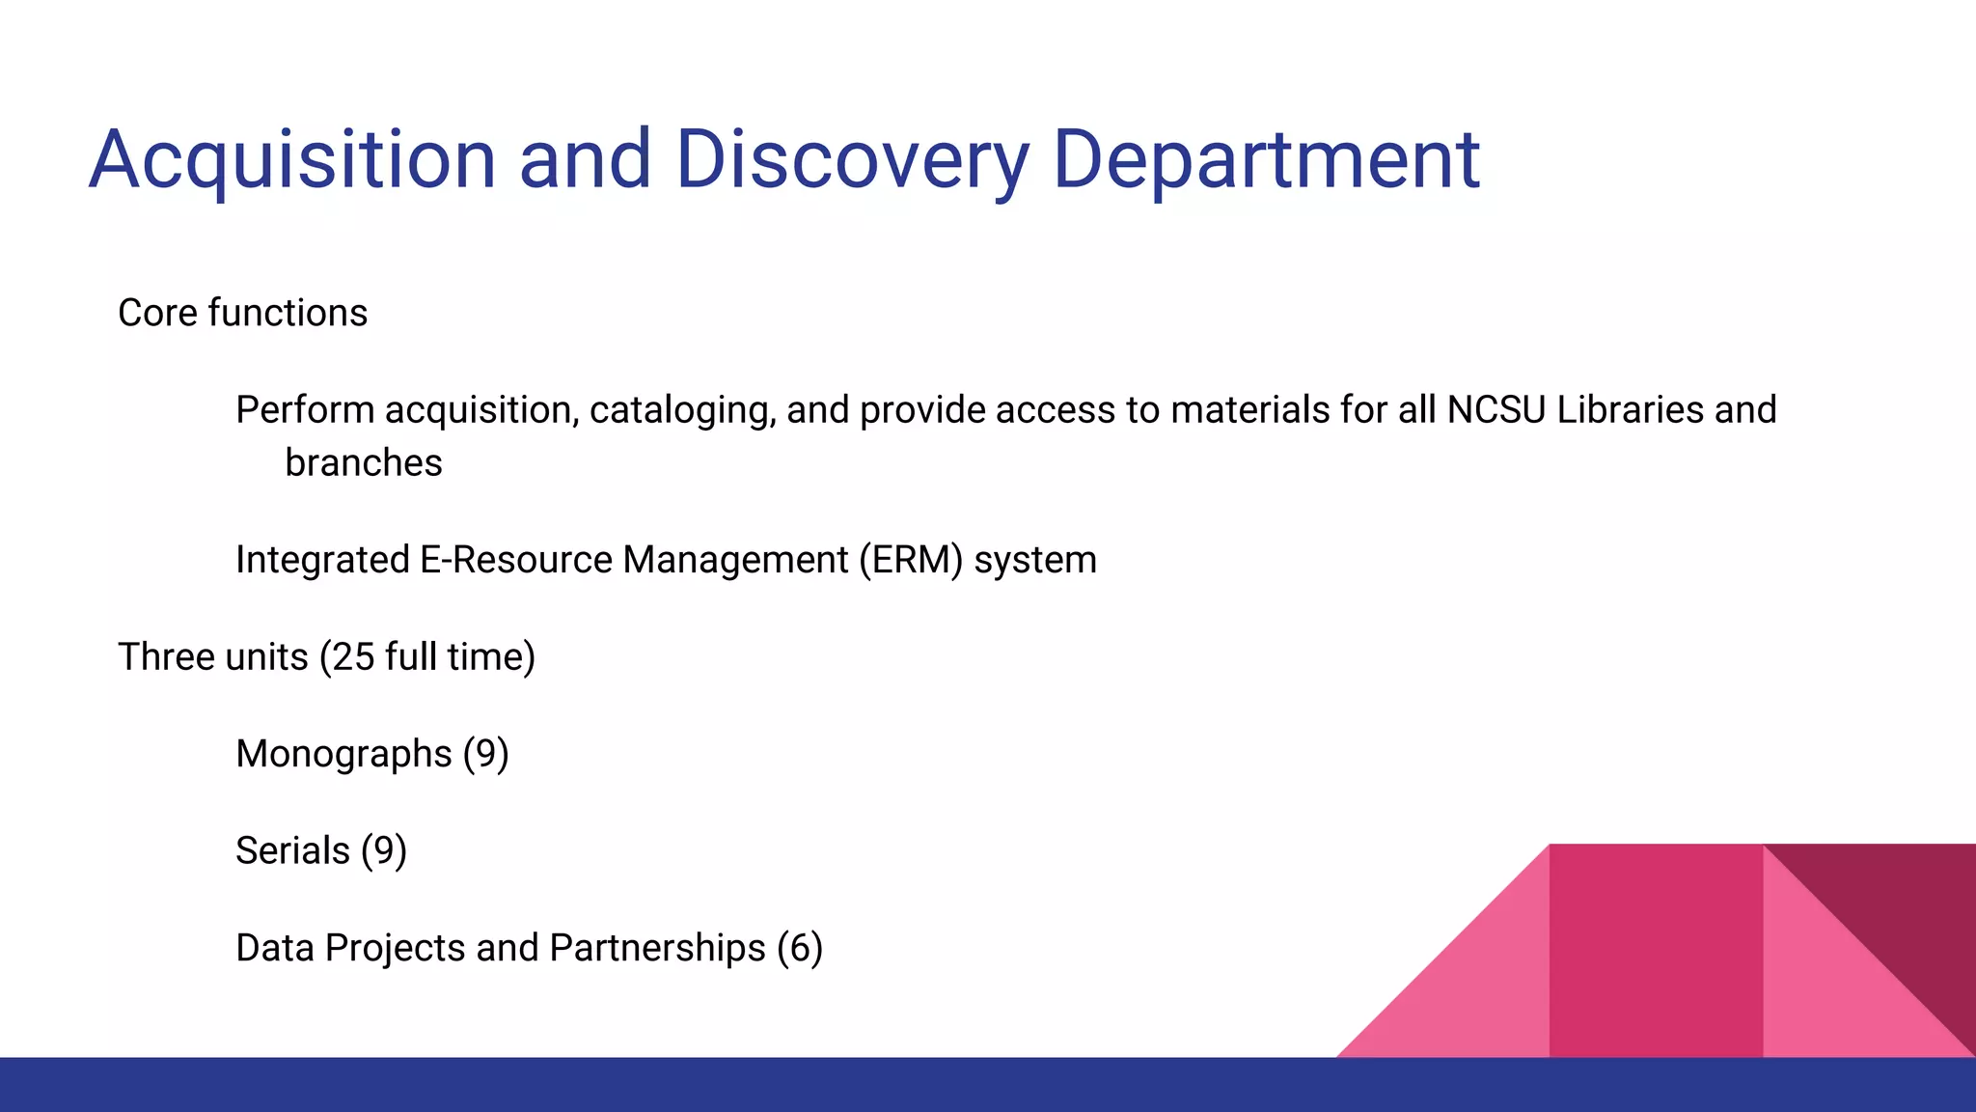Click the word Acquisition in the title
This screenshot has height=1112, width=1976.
point(292,160)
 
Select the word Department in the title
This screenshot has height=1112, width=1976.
point(1266,160)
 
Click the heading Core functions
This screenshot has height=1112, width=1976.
point(242,313)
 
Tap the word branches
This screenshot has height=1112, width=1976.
point(363,463)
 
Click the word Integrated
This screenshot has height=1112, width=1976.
point(322,560)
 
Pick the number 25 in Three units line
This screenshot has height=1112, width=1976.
point(353,657)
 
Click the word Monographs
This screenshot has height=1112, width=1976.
point(343,754)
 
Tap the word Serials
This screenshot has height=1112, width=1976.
point(292,851)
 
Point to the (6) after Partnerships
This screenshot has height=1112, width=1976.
point(799,948)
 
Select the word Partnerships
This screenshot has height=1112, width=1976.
point(657,948)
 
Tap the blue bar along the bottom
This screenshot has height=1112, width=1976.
point(988,1085)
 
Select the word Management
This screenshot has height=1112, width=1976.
point(734,560)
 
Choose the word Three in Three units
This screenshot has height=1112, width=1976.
point(164,657)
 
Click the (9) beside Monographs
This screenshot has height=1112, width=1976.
point(485,754)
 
